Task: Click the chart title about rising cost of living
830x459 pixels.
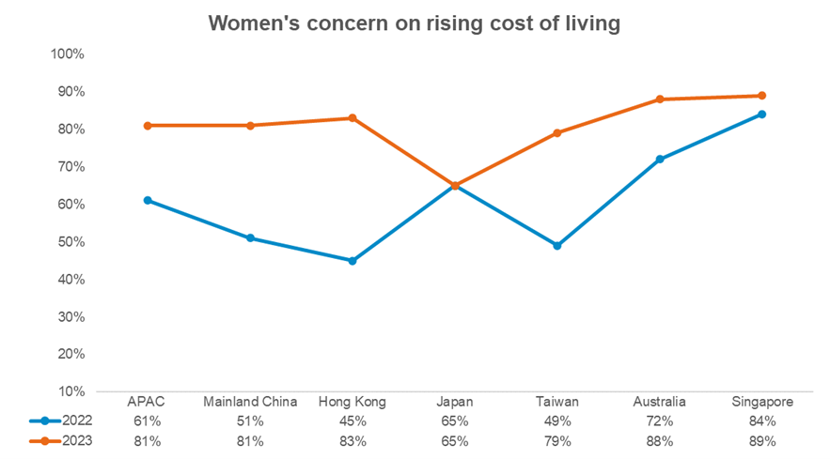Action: tap(415, 23)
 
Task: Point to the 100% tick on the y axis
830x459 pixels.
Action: tap(68, 54)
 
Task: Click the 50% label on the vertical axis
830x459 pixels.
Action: tap(70, 242)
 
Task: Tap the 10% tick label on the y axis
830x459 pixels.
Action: tap(70, 391)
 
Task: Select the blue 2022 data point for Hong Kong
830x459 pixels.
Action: tap(352, 261)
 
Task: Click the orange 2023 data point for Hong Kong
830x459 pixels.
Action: tap(352, 118)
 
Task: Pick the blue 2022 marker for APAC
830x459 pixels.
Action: tap(148, 201)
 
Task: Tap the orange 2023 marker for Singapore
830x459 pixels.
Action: tap(761, 96)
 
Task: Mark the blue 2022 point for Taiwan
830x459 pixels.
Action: tap(557, 246)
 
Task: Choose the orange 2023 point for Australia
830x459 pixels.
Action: tap(660, 99)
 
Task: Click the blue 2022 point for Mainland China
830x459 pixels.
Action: tap(250, 238)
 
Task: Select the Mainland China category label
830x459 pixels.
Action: tap(250, 402)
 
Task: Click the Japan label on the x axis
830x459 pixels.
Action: tap(455, 402)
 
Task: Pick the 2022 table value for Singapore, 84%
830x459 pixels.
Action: tap(761, 421)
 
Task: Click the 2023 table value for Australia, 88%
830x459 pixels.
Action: tap(660, 440)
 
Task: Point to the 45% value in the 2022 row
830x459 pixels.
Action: tap(352, 421)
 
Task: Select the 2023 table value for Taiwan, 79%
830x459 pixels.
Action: tap(557, 440)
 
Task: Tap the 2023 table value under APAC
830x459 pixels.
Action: tap(148, 440)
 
